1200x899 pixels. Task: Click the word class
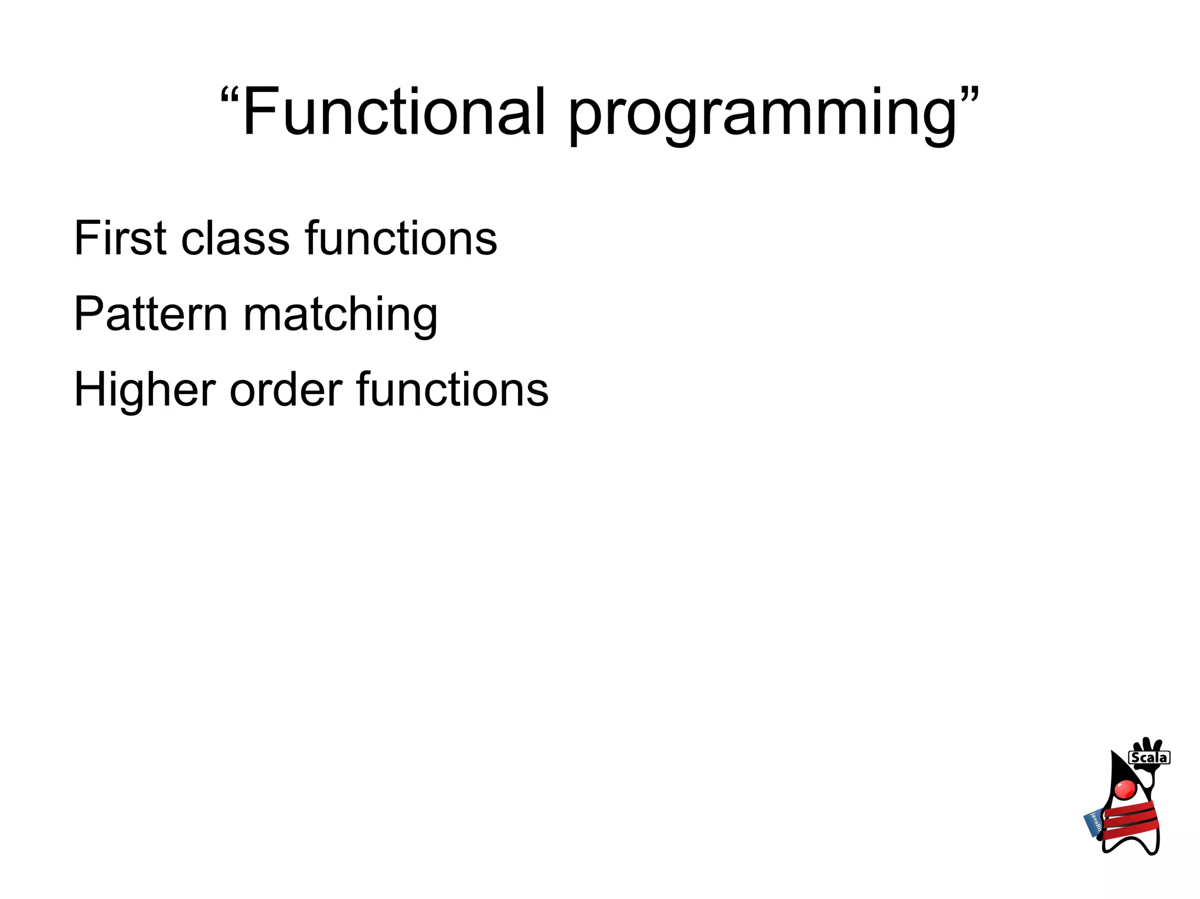click(x=235, y=238)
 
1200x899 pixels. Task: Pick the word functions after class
click(x=401, y=238)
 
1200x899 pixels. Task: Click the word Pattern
click(x=151, y=314)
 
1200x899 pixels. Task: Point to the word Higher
click(x=144, y=390)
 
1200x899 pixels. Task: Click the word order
click(x=286, y=390)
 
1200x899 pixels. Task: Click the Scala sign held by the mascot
click(x=1149, y=757)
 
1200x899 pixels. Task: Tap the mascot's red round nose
click(x=1125, y=789)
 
